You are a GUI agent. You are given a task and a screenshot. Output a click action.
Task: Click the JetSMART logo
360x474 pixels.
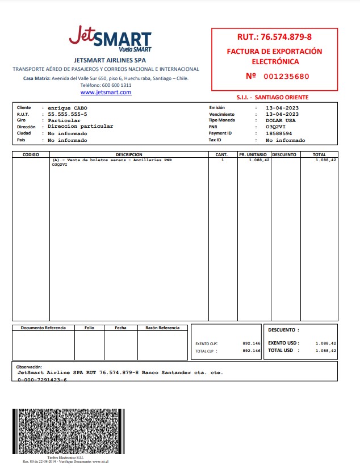tap(110, 39)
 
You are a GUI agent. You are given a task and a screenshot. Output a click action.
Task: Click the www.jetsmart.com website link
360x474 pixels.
tap(106, 92)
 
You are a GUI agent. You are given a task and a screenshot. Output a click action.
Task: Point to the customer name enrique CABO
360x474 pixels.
tap(68, 107)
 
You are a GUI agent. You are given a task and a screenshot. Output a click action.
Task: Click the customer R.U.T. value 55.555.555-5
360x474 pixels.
tap(68, 114)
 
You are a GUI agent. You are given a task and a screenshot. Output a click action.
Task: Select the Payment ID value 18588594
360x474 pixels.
tap(279, 133)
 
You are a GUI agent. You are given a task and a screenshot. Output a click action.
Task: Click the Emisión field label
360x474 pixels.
tap(217, 107)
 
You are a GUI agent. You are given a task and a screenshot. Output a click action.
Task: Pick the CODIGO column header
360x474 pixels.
tap(31, 154)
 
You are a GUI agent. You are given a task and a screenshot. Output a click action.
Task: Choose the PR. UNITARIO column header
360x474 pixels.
tap(253, 154)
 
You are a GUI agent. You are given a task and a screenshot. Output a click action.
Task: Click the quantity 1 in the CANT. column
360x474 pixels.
tap(223, 160)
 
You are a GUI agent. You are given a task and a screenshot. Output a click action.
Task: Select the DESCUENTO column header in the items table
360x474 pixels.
tap(284, 154)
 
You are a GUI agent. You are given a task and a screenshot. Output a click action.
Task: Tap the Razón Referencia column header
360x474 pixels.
tap(162, 328)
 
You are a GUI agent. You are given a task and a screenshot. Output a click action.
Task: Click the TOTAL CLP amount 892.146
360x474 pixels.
tap(251, 351)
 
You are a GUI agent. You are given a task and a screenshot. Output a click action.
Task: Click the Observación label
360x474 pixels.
tap(30, 367)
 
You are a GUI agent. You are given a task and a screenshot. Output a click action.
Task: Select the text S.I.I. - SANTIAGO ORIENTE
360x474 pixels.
tap(273, 98)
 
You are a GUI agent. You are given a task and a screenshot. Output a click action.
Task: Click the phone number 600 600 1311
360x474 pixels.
tap(119, 85)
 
